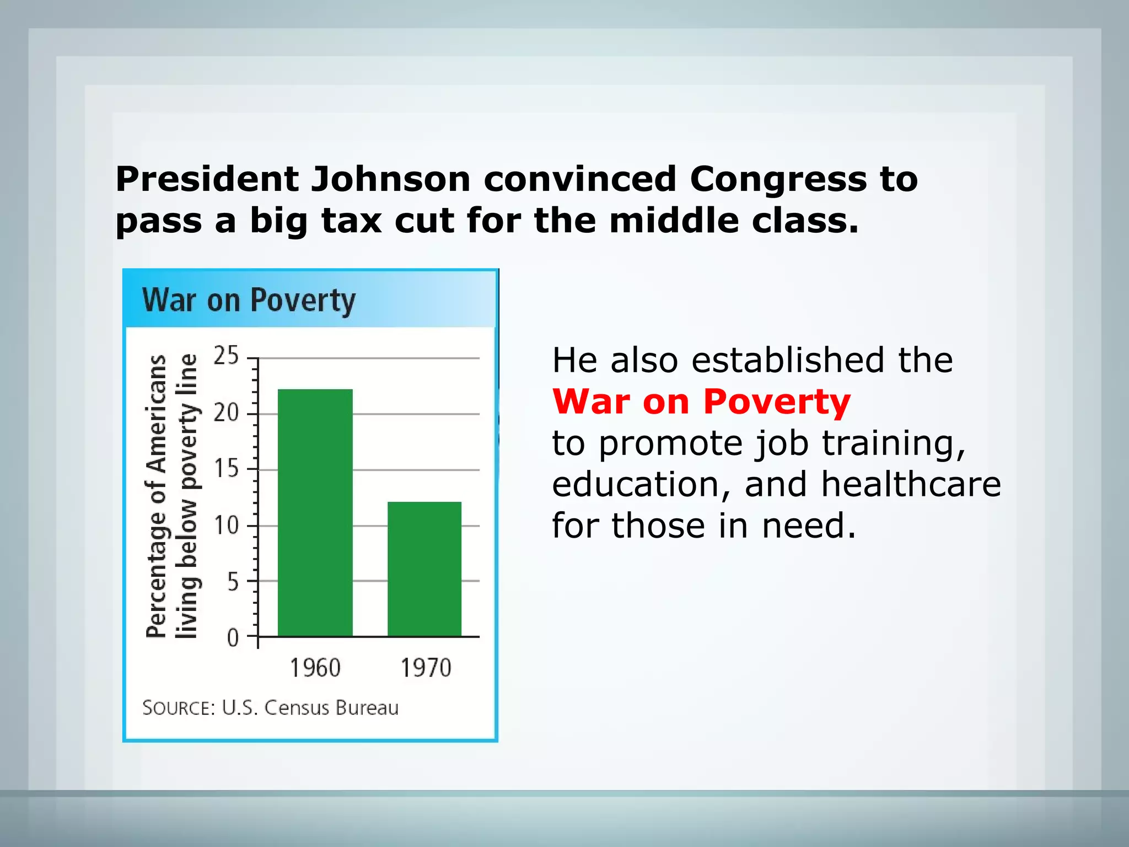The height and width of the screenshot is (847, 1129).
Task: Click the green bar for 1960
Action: coord(315,513)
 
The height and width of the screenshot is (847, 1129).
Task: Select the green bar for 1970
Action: coord(424,569)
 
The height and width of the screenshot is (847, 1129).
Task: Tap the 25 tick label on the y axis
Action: coord(226,356)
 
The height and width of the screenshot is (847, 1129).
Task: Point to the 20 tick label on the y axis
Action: coord(226,412)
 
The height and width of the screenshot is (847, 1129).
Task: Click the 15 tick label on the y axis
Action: coord(226,469)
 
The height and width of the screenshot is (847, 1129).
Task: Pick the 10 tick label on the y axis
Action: coord(226,525)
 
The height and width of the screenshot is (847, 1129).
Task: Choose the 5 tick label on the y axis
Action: coord(233,581)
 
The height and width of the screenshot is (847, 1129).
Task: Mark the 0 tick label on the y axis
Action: coord(233,638)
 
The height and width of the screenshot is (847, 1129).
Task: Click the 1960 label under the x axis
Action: coord(315,668)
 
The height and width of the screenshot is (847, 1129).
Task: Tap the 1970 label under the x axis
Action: coord(426,668)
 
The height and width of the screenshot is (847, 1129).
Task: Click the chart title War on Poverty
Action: coord(249,301)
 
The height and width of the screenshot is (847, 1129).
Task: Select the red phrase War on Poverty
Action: coord(701,401)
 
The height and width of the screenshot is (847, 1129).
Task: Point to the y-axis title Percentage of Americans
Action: coord(157,496)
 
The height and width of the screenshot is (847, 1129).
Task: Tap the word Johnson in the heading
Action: coord(390,179)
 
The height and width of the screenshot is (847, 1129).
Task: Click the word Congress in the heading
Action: coord(778,179)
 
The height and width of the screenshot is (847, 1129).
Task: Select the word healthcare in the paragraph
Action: coord(911,484)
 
